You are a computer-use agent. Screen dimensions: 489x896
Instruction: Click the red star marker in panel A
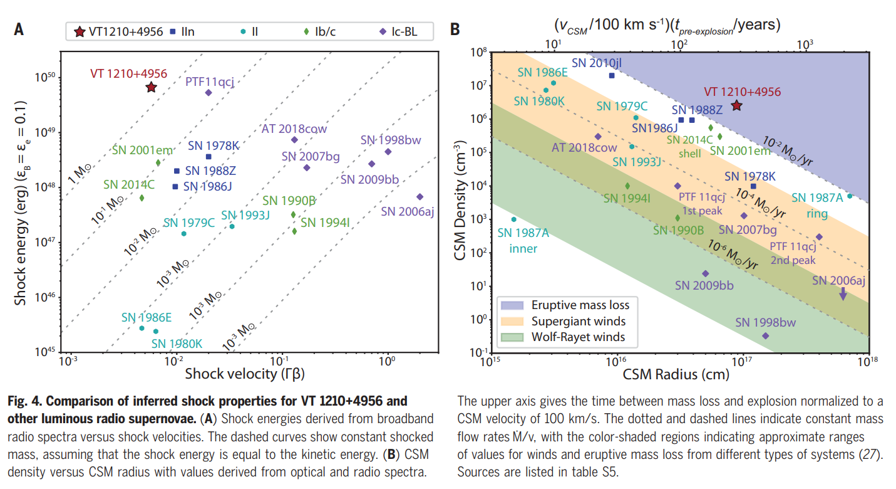pos(151,87)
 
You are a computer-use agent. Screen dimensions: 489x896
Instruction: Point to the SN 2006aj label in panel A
pos(408,211)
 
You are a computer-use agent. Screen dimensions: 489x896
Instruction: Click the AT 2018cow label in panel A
pos(294,129)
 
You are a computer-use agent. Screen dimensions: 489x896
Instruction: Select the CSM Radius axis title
pos(676,375)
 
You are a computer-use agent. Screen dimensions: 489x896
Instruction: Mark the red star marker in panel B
pos(737,106)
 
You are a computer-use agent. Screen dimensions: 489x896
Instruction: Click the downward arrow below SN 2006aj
pos(843,293)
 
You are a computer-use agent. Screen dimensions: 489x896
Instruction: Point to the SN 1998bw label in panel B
pos(766,322)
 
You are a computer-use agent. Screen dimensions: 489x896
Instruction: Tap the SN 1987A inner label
pos(523,241)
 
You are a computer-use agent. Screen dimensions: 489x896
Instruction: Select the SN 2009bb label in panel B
pos(704,285)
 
